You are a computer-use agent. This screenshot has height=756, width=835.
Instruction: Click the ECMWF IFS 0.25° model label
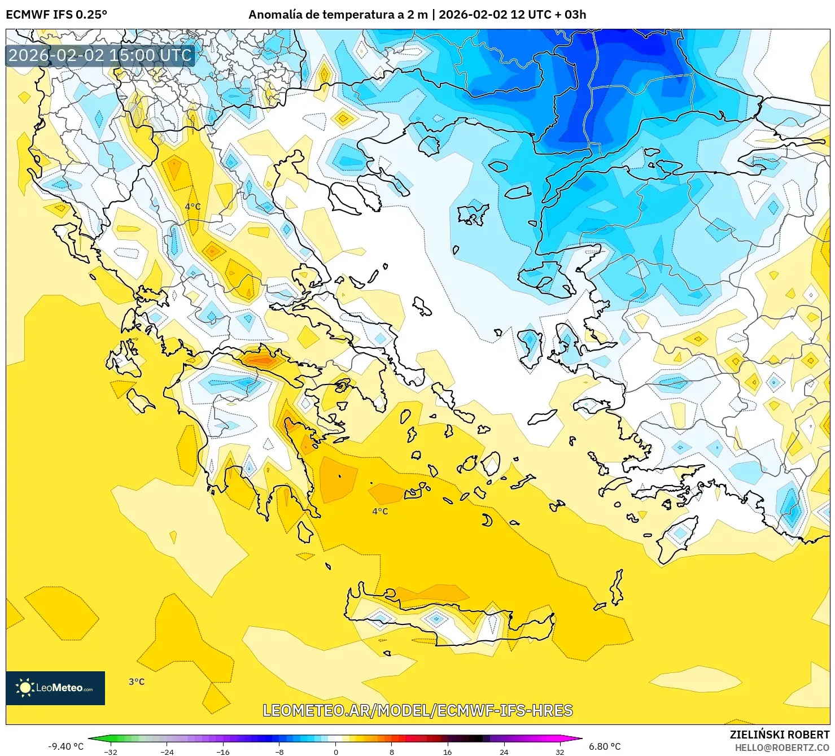[x=56, y=15]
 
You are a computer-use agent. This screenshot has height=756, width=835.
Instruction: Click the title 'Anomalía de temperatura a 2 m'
[x=338, y=15]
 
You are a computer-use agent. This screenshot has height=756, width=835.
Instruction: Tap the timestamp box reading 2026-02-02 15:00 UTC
[x=100, y=55]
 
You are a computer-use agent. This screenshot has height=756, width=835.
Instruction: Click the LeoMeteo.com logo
[x=55, y=688]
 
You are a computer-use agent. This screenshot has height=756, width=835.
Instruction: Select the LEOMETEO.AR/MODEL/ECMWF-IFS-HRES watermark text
[x=418, y=710]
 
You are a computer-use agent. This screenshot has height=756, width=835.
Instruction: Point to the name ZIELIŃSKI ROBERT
[x=779, y=735]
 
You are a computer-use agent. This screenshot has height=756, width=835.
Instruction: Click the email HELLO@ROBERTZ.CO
[x=781, y=747]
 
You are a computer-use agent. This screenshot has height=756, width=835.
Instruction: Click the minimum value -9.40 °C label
[x=65, y=746]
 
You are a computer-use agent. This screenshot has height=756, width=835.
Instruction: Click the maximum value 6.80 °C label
[x=605, y=746]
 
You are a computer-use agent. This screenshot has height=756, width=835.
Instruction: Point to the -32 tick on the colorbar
[x=111, y=751]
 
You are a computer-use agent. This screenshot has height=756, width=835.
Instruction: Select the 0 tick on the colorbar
[x=335, y=751]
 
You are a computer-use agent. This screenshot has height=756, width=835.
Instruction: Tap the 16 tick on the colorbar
[x=447, y=751]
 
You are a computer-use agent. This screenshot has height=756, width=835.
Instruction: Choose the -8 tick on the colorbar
[x=279, y=751]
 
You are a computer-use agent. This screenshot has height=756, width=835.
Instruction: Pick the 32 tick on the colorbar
[x=559, y=751]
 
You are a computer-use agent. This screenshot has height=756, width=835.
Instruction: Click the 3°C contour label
[x=137, y=681]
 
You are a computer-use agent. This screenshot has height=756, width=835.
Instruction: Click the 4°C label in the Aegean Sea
[x=380, y=512]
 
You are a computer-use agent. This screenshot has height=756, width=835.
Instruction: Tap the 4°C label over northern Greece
[x=193, y=207]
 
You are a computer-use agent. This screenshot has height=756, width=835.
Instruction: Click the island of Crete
[x=452, y=613]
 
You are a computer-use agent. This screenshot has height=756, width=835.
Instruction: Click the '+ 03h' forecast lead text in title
[x=571, y=15]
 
